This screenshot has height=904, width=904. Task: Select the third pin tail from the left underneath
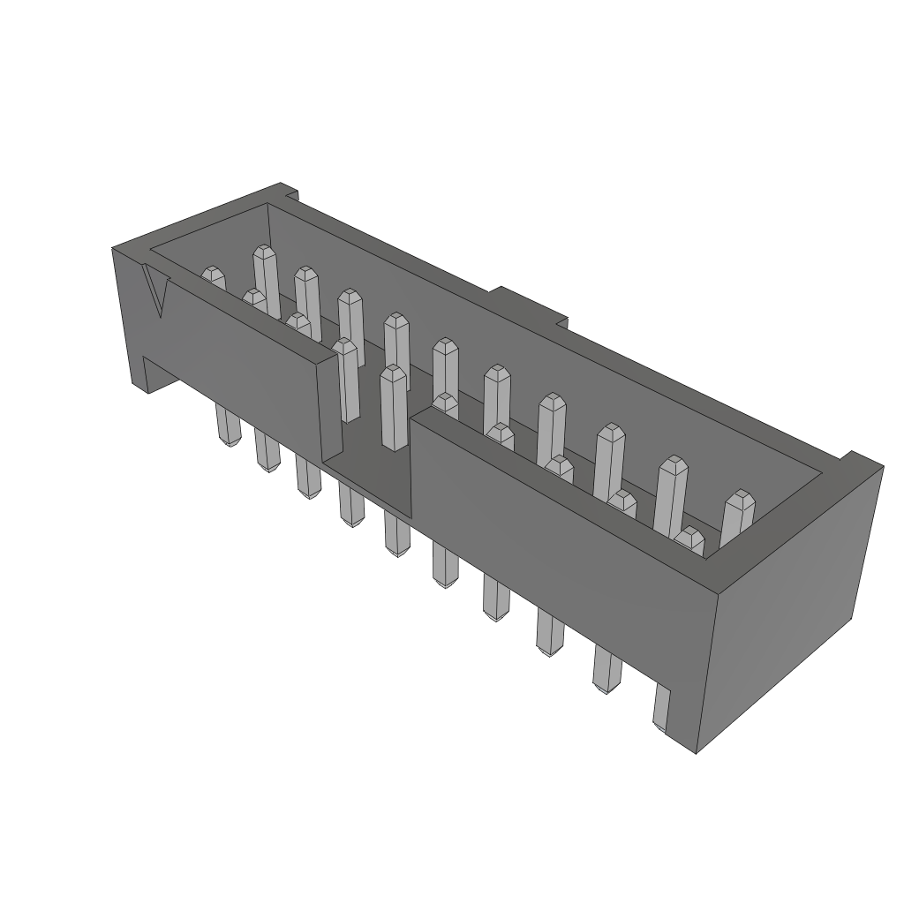pyautogui.click(x=307, y=478)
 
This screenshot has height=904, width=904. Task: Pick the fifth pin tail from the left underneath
pyautogui.click(x=395, y=536)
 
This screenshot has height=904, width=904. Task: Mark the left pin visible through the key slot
pyautogui.click(x=346, y=380)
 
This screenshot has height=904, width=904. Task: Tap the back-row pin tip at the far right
pyautogui.click(x=738, y=505)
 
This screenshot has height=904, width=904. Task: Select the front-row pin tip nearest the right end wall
pyautogui.click(x=689, y=538)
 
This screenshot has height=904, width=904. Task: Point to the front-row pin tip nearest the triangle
pyautogui.click(x=213, y=275)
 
